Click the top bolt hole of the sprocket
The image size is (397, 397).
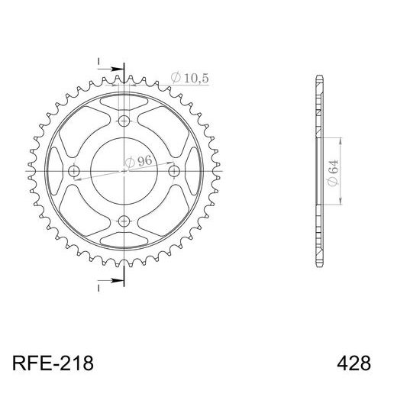pos(124,120)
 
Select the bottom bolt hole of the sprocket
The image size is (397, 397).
pos(124,222)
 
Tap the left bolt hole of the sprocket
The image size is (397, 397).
pos(73,171)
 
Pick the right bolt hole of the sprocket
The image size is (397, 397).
pos(175,171)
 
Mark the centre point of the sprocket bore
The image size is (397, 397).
pos(124,171)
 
